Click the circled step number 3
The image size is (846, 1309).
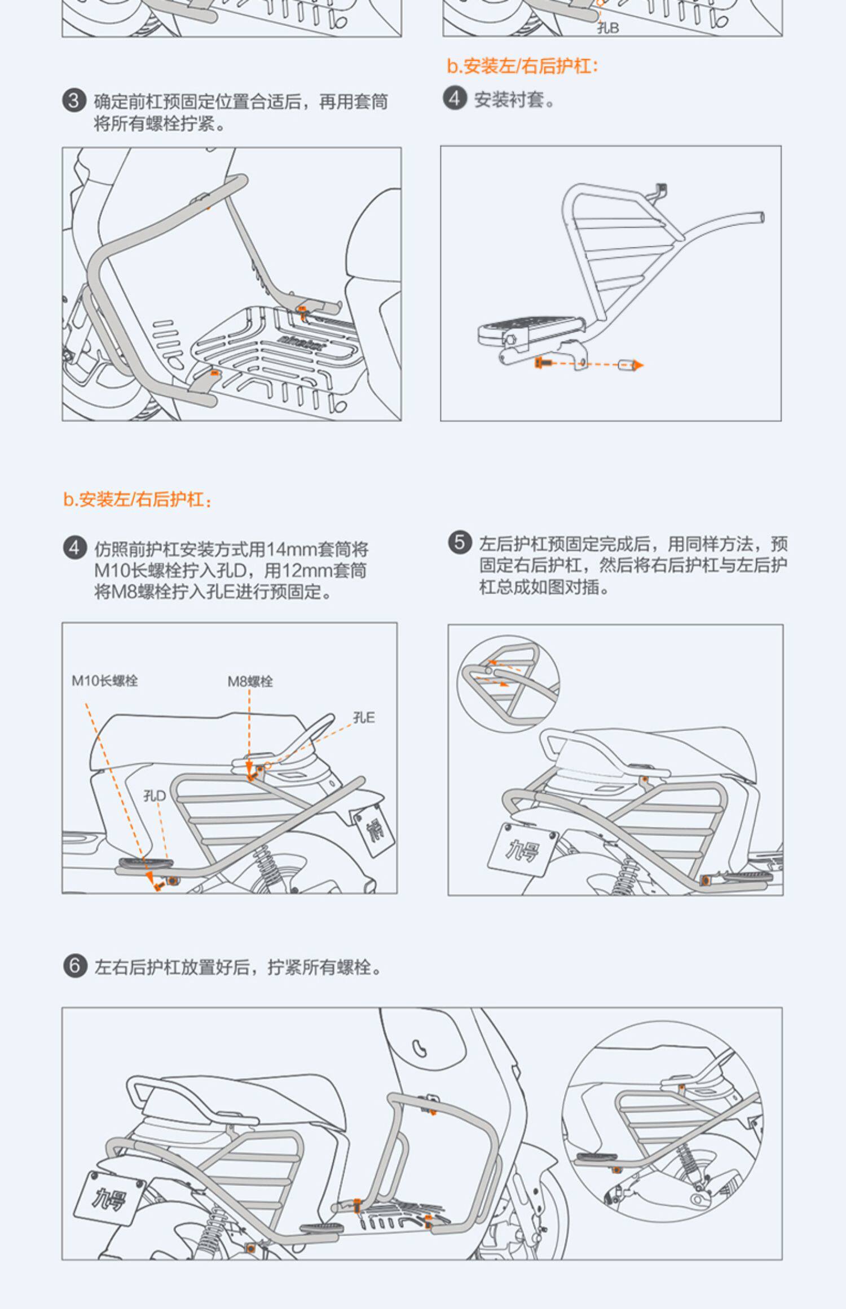tap(74, 101)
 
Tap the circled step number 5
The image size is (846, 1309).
tap(460, 542)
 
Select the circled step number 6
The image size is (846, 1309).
tap(74, 965)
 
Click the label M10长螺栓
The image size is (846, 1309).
tap(105, 680)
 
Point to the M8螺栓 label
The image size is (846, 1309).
tap(250, 681)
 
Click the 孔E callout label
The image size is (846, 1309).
tap(364, 717)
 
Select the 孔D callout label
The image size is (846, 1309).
tap(155, 795)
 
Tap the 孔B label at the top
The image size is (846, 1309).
tap(608, 28)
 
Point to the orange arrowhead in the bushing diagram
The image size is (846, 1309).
tap(638, 365)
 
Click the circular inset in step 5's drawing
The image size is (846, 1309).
tap(508, 684)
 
